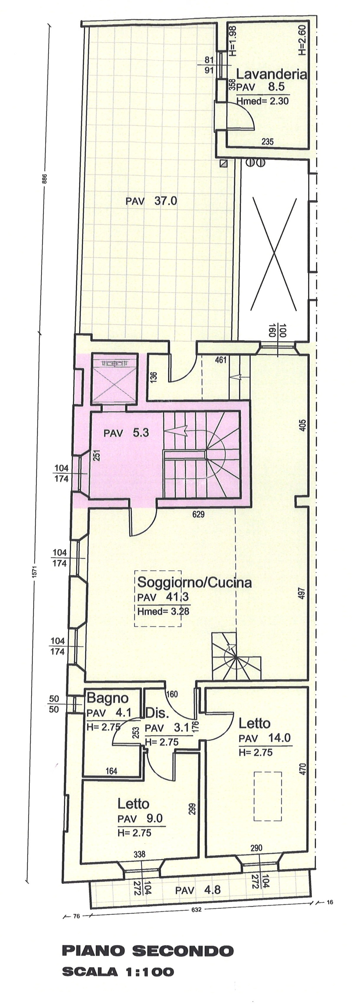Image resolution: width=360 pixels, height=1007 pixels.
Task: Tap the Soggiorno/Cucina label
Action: coord(194,582)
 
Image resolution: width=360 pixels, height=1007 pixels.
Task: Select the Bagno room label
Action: coord(107,698)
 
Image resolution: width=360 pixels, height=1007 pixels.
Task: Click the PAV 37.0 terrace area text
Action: coord(151,201)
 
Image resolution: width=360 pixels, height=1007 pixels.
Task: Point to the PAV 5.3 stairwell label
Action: coord(126,433)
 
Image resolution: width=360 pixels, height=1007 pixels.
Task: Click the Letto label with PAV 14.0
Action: coord(254,723)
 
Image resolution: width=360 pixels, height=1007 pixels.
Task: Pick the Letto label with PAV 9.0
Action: coord(133,804)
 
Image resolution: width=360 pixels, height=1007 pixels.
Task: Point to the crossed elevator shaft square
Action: coord(114,379)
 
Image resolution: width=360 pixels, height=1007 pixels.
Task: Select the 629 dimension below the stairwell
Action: coord(199,515)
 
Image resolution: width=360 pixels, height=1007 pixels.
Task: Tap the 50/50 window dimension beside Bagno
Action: coord(54,704)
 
